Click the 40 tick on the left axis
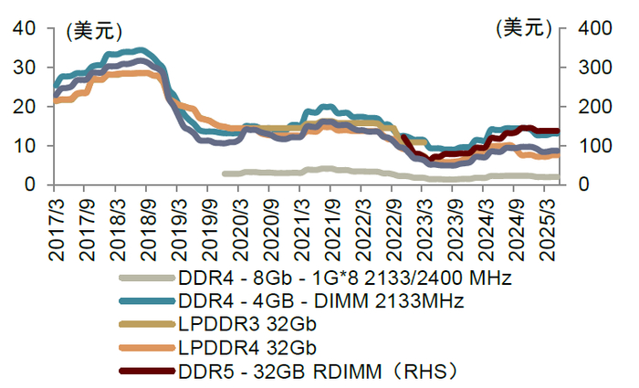25,28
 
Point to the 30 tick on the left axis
25,68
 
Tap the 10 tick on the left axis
25,146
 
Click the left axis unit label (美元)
92,30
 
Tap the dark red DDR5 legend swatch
147,372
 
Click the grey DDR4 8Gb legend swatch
147,278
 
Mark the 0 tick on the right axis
570,185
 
